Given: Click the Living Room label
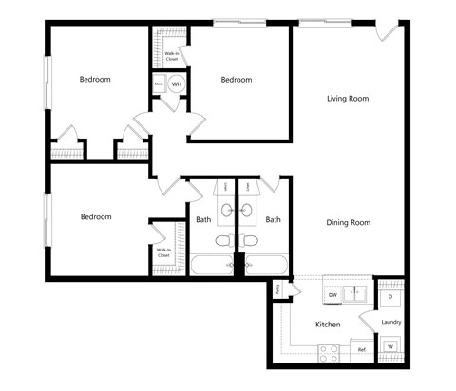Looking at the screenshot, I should pyautogui.click(x=347, y=99).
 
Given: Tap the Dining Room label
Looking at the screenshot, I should pyautogui.click(x=348, y=223).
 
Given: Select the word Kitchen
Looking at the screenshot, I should pyautogui.click(x=328, y=325).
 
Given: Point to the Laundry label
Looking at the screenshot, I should pyautogui.click(x=390, y=323).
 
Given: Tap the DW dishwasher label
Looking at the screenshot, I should pyautogui.click(x=332, y=296).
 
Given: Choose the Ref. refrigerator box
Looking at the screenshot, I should pyautogui.click(x=362, y=350).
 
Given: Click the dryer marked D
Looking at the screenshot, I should pyautogui.click(x=391, y=296).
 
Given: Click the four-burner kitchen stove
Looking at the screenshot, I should pyautogui.click(x=330, y=353).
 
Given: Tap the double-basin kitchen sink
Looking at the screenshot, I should pyautogui.click(x=357, y=293).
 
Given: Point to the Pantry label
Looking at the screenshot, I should pyautogui.click(x=278, y=288).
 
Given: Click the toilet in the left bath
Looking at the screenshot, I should pyautogui.click(x=223, y=241).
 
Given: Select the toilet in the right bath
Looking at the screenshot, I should pyautogui.click(x=251, y=241).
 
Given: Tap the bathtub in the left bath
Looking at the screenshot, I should pyautogui.click(x=212, y=264).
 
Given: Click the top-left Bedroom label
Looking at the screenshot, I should pyautogui.click(x=95, y=80).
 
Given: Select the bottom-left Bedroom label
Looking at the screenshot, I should pyautogui.click(x=96, y=217).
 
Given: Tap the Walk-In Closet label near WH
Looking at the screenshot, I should pyautogui.click(x=172, y=56).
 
